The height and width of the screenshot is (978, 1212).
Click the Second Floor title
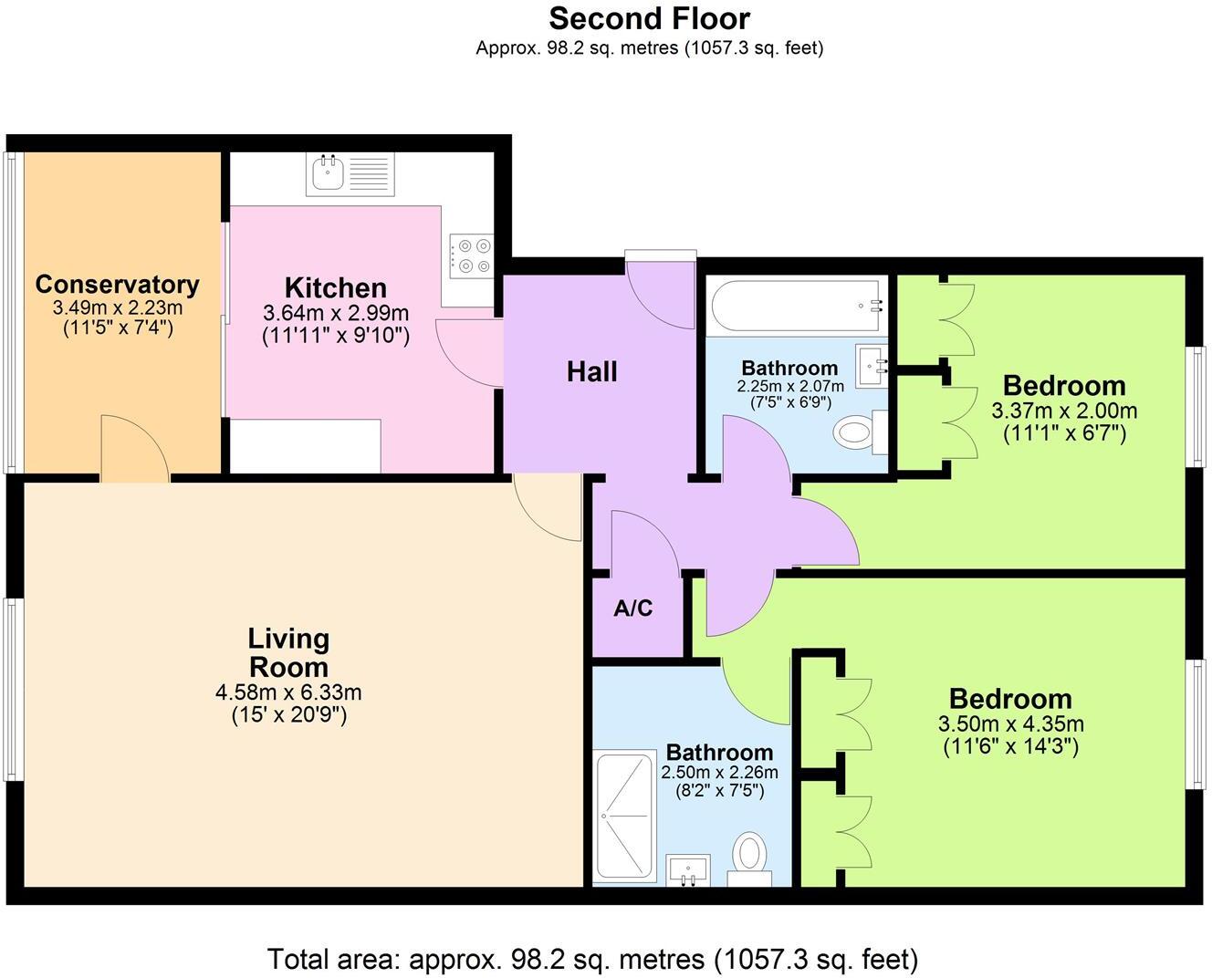click(649, 18)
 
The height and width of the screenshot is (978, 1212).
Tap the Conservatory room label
click(117, 285)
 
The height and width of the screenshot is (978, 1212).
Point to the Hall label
click(591, 372)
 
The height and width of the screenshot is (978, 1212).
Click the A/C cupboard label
click(633, 609)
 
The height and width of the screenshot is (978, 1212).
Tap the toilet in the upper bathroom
click(854, 431)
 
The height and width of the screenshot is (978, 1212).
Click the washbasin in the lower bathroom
click(688, 869)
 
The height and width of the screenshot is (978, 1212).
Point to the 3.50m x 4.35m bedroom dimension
click(1010, 725)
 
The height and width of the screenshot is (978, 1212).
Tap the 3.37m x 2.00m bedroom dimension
click(1064, 411)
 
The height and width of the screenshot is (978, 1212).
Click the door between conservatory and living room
click(134, 449)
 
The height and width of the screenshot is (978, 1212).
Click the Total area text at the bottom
click(592, 959)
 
